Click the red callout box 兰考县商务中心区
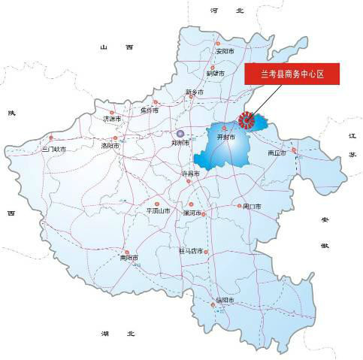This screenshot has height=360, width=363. click(292, 73)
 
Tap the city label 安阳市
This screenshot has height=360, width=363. click(225, 52)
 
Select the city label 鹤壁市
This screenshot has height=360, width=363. click(216, 74)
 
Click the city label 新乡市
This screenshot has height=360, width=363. click(195, 93)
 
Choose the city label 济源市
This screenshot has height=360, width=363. click(112, 118)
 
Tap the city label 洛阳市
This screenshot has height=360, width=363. click(109, 146)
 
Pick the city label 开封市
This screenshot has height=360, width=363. click(226, 138)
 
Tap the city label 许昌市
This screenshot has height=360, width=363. click(192, 173)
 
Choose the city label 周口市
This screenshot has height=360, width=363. click(250, 206)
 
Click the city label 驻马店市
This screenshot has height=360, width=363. click(191, 250)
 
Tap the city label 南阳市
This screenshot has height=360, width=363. click(130, 258)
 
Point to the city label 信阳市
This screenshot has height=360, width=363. click(225, 301)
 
